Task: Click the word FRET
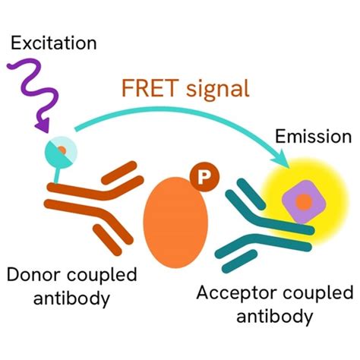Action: [145, 90]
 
